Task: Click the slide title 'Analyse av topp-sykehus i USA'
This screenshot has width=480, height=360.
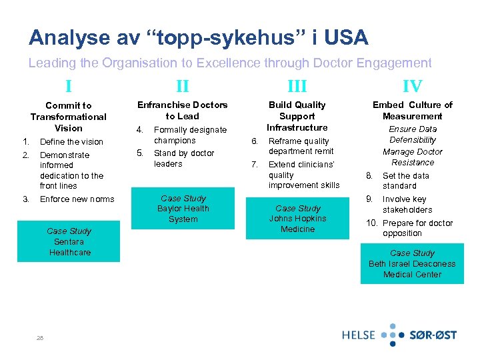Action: click(x=198, y=37)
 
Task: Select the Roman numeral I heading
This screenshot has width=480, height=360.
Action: click(x=69, y=85)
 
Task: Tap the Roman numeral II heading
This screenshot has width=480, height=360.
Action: click(x=182, y=85)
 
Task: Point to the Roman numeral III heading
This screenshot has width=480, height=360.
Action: click(x=297, y=85)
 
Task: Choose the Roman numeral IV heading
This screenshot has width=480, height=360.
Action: click(x=412, y=85)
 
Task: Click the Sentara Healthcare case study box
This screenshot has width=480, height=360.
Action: click(x=69, y=241)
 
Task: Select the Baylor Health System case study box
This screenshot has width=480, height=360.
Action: click(x=183, y=209)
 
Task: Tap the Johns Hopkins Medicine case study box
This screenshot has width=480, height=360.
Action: click(x=297, y=219)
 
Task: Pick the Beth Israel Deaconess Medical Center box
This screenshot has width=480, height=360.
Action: click(x=412, y=264)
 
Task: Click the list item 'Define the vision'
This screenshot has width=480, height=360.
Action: click(x=71, y=141)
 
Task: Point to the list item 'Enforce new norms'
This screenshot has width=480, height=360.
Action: click(x=77, y=199)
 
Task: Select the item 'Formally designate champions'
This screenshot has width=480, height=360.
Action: click(x=190, y=135)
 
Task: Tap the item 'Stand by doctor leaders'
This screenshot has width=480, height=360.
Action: click(x=184, y=159)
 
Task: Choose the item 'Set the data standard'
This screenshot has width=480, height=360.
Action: click(x=406, y=181)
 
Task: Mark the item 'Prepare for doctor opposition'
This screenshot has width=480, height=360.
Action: click(x=417, y=228)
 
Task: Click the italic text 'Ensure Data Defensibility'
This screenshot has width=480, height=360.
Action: click(x=413, y=135)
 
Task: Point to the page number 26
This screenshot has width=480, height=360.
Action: click(x=41, y=337)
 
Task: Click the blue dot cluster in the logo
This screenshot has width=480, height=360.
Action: click(x=393, y=335)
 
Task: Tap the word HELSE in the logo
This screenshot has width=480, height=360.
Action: click(x=359, y=335)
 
